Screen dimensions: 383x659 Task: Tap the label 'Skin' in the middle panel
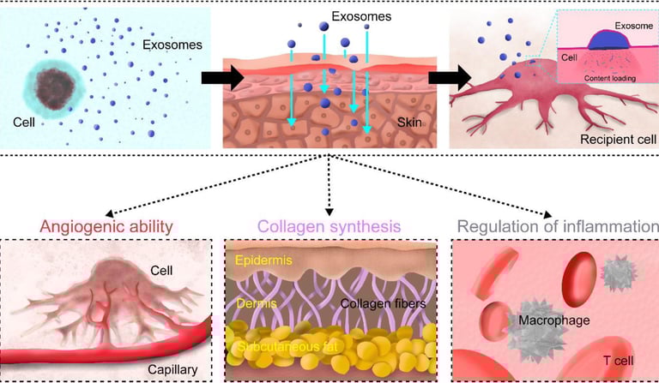[411, 124]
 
